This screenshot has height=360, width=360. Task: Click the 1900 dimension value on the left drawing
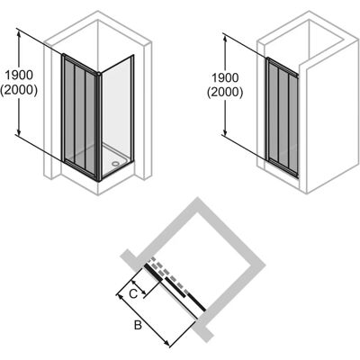(19, 76)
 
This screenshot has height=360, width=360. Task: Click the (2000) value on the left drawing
(19, 90)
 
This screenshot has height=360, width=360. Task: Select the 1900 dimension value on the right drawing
(225, 78)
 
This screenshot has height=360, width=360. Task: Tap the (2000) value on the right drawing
(225, 93)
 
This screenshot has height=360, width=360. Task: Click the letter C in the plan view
(133, 293)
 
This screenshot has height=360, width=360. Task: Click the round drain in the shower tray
(115, 164)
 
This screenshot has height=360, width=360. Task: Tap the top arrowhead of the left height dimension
(19, 34)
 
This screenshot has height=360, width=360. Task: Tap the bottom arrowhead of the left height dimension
(19, 131)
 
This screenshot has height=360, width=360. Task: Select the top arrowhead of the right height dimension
(225, 38)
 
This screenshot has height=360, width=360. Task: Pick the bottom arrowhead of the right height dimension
(225, 131)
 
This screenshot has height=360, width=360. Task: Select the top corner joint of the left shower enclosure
(98, 74)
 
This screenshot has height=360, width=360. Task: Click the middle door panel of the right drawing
(283, 117)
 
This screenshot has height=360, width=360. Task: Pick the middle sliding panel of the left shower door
(80, 115)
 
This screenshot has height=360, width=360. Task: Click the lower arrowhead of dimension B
(167, 344)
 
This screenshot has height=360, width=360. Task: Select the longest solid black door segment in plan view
(196, 301)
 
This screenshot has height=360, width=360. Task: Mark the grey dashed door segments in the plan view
(170, 274)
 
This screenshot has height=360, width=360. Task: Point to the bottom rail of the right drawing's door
(282, 168)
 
